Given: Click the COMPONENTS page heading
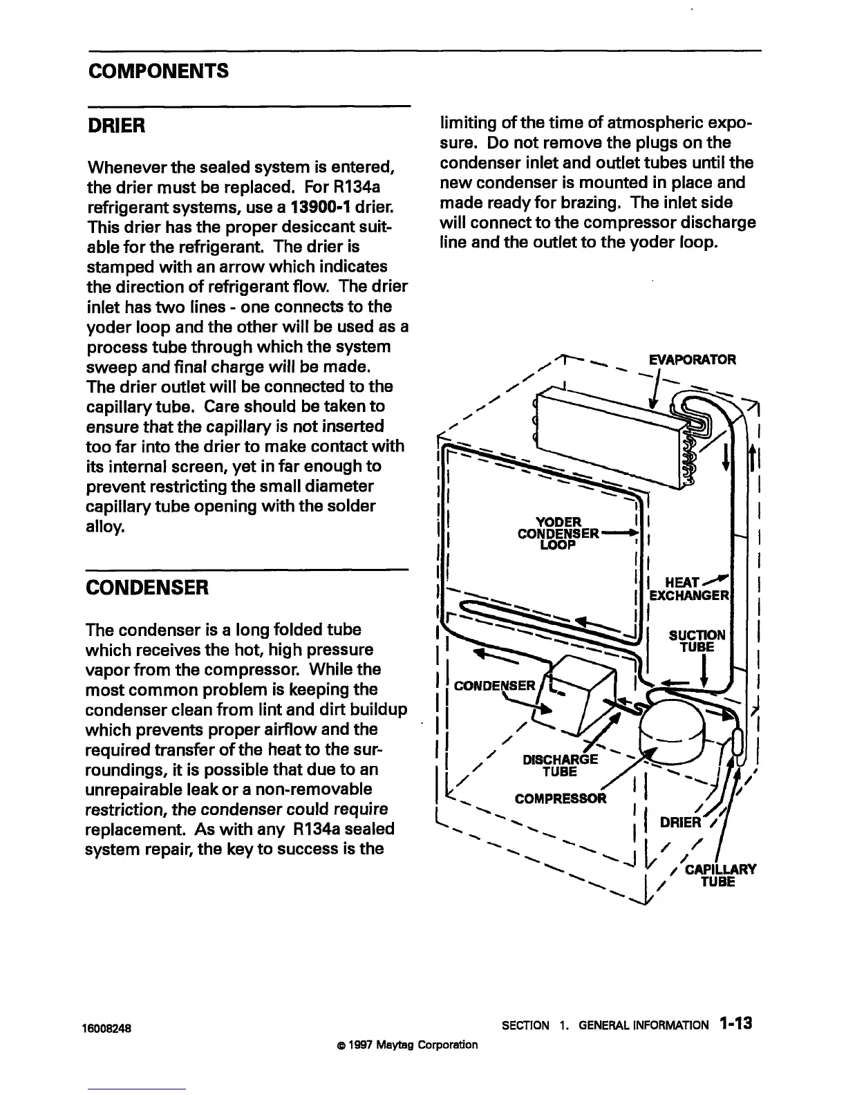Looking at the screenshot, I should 158,71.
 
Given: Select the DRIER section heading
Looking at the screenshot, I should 115,127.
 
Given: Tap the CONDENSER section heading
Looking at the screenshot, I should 146,588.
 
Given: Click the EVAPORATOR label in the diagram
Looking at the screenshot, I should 692,359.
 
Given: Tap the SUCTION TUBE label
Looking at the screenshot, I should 697,641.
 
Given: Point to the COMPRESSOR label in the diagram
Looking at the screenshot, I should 561,799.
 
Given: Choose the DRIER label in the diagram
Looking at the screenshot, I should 680,823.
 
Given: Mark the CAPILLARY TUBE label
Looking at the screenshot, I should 720,875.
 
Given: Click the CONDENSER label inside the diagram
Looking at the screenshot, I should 493,686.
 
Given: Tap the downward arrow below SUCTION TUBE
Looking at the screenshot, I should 702,670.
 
